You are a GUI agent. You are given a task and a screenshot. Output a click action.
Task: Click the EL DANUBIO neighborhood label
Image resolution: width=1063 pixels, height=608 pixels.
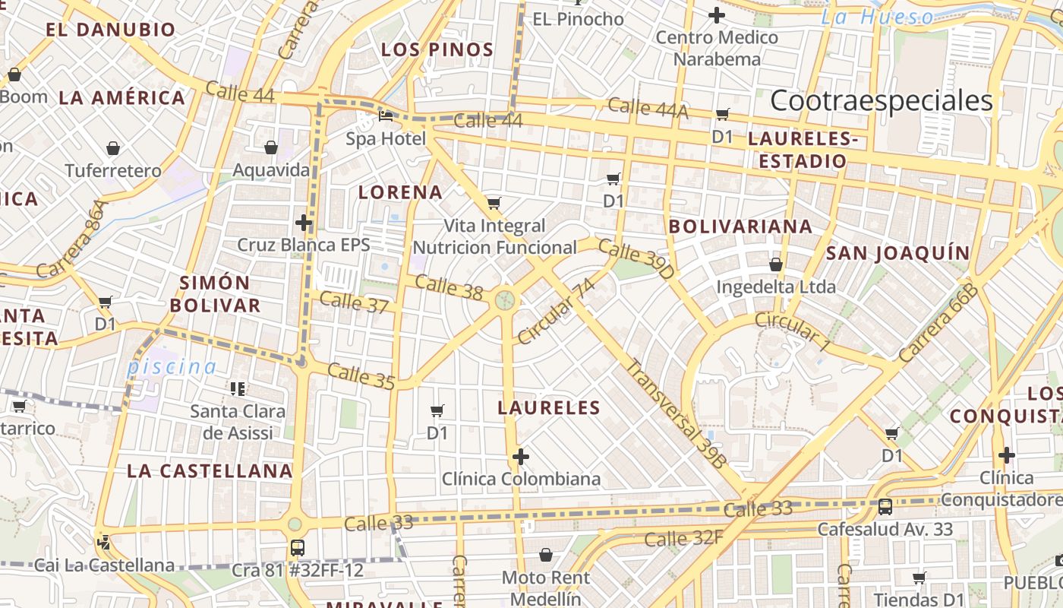[x=110, y=30]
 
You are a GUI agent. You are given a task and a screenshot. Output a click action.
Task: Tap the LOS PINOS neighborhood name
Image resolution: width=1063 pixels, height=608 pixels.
[x=437, y=50]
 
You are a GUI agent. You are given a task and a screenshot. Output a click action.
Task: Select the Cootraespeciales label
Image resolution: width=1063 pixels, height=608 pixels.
[x=882, y=100]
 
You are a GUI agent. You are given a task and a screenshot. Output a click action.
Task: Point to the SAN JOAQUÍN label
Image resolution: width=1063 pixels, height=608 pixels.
[x=897, y=253]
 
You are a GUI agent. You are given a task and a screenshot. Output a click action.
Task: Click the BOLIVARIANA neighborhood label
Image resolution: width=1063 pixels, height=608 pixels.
[x=740, y=226]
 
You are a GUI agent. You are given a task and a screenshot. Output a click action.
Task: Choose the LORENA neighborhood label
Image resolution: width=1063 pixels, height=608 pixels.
[x=400, y=192]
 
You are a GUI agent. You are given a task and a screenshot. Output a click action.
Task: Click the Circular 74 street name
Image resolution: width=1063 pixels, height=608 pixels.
[x=556, y=311]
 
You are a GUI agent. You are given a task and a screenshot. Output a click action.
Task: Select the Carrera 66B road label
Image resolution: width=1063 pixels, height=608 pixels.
[x=937, y=322]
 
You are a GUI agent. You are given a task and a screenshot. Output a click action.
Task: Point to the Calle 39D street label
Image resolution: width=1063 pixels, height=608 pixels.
[x=636, y=258]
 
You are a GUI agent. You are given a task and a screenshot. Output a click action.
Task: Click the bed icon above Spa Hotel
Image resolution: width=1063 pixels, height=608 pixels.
[x=386, y=116]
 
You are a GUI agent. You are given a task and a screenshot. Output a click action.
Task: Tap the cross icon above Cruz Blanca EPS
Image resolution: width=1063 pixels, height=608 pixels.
[x=304, y=223]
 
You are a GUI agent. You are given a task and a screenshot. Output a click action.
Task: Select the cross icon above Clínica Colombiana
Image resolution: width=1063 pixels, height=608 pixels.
[x=520, y=457]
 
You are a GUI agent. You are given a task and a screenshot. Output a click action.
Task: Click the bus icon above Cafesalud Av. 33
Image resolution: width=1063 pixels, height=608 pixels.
[x=885, y=507]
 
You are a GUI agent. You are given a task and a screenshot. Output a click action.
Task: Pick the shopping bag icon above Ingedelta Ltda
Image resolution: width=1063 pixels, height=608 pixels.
[x=776, y=264]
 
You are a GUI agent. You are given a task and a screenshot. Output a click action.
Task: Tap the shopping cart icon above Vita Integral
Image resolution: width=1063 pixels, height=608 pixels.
[x=494, y=203]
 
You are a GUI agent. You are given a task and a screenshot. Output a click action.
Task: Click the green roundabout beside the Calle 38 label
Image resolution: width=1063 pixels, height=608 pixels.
[x=504, y=300]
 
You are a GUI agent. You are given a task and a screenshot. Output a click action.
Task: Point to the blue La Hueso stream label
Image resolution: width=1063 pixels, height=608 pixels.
[x=878, y=17]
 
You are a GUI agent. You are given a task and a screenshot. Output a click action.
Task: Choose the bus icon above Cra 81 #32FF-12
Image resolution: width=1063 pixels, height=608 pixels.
[x=298, y=547]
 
